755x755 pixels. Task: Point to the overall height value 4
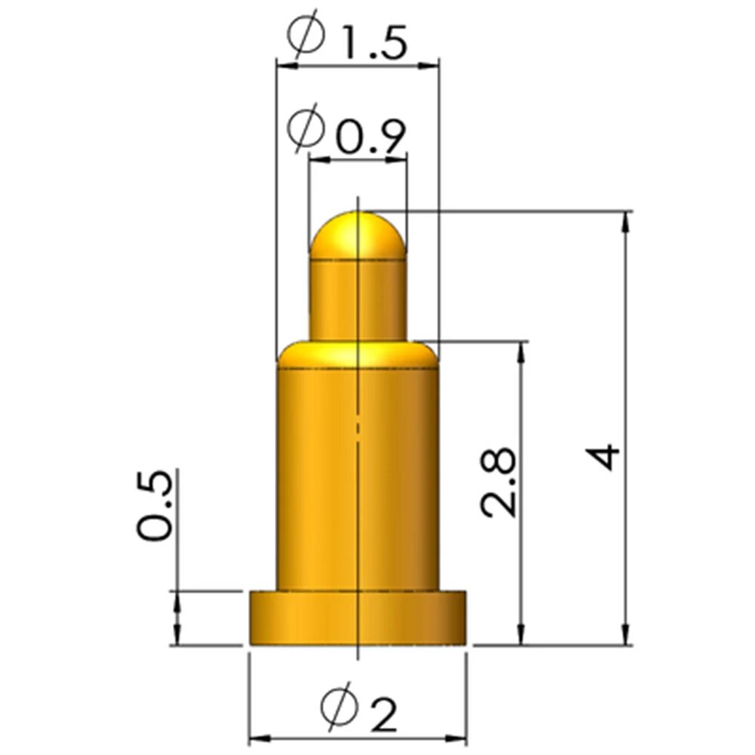[605, 458]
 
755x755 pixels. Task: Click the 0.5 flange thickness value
[154, 507]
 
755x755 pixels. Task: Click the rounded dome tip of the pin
[358, 234]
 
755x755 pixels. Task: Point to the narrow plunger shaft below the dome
[358, 298]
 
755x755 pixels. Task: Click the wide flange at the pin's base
[358, 618]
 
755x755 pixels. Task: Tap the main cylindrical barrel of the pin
[358, 476]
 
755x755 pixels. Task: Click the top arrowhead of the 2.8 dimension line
[521, 350]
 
